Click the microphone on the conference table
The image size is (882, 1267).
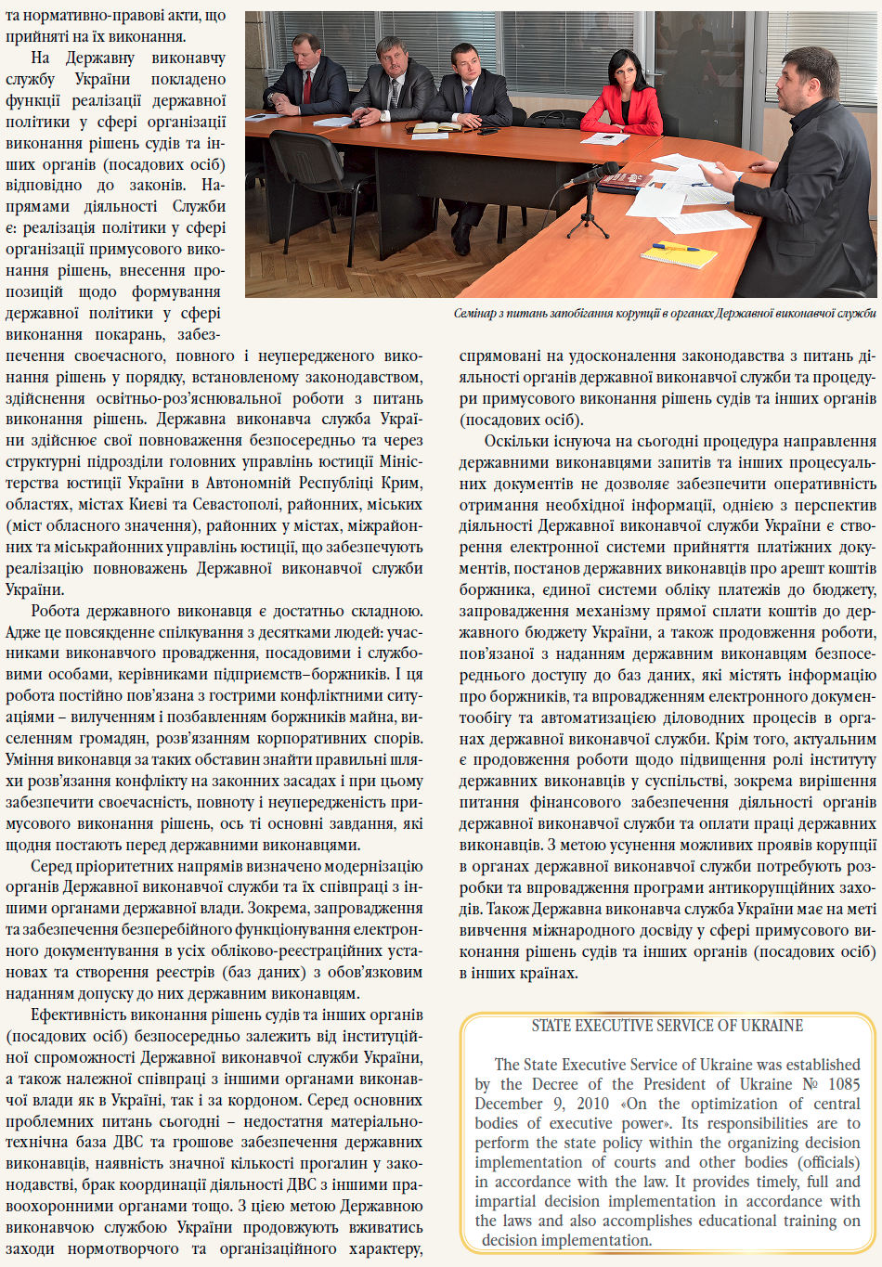595,174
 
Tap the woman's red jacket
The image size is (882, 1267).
620,111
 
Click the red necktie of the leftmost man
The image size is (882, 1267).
307,85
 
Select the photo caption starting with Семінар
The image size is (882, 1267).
664,314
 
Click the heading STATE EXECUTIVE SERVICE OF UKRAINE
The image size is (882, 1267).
668,1026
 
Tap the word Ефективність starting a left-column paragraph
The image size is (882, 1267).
84,1015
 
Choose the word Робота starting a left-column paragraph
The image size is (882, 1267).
60,611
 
